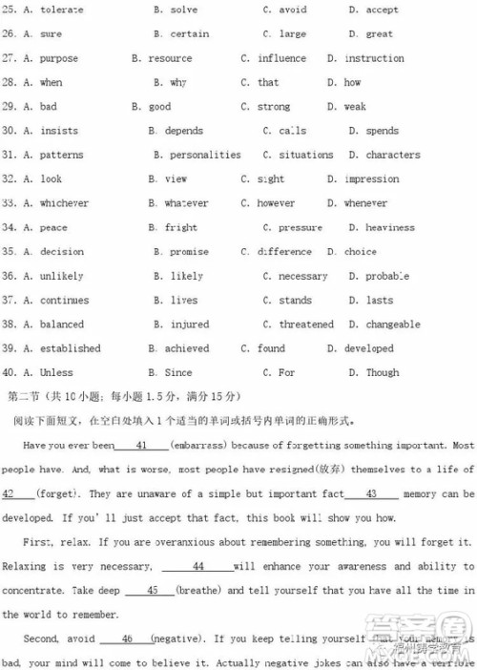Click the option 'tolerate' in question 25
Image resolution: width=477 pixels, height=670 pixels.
tap(61, 10)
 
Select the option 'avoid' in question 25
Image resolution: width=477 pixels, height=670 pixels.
tap(292, 10)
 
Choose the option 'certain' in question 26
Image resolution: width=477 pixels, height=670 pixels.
tap(189, 33)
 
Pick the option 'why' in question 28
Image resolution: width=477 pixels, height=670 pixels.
tap(178, 82)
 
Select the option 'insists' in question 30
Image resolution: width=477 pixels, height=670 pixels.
tap(59, 131)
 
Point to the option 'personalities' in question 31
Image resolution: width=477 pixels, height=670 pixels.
tap(204, 155)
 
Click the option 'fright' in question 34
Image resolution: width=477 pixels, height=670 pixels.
tap(180, 227)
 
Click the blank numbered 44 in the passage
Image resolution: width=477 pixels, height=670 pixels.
tap(197, 566)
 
